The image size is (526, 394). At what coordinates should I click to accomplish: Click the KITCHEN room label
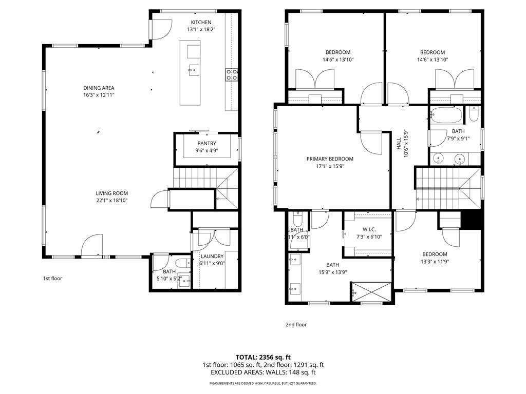pos(201,22)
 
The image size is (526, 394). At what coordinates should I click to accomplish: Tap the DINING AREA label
pos(99,88)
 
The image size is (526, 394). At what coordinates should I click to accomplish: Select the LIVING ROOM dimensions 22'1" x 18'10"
pos(111,201)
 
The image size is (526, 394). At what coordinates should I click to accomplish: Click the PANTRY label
pos(206,144)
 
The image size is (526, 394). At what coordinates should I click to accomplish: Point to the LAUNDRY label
pos(212,257)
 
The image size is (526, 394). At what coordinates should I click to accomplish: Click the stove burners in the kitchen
pos(231,75)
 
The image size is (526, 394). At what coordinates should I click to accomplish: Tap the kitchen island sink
pos(194,70)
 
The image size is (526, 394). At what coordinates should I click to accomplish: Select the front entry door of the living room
pos(92,245)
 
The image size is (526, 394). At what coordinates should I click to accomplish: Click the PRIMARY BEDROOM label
pos(330,159)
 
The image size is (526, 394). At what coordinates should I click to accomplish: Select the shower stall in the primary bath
pos(372,291)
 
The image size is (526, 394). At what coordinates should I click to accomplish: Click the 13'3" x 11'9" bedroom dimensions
pos(435,262)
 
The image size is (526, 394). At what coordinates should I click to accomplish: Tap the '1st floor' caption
pos(52,279)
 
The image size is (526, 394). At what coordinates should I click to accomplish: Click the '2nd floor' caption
pos(296,325)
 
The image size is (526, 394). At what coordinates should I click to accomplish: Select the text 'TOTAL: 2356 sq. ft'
pos(263,357)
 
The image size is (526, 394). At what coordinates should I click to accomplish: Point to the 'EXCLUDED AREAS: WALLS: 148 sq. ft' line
pos(263,373)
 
